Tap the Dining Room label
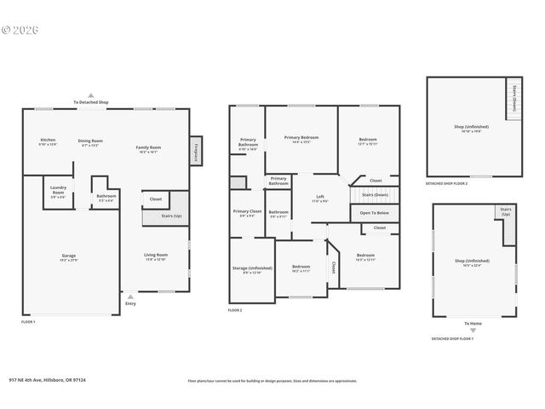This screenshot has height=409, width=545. (x=90, y=142)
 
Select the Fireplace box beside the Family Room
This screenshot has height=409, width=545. (x=195, y=150)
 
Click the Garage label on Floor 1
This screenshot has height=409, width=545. (x=68, y=256)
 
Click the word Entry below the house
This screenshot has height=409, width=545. (x=130, y=303)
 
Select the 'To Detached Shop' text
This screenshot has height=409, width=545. (x=91, y=102)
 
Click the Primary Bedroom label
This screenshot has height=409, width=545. (x=301, y=139)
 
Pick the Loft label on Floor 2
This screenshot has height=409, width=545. (x=318, y=198)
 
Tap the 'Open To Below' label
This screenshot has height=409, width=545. (x=374, y=212)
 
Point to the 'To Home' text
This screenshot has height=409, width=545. (x=473, y=323)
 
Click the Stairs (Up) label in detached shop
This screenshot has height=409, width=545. (x=506, y=210)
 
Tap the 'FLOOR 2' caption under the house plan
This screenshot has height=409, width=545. (x=235, y=311)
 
